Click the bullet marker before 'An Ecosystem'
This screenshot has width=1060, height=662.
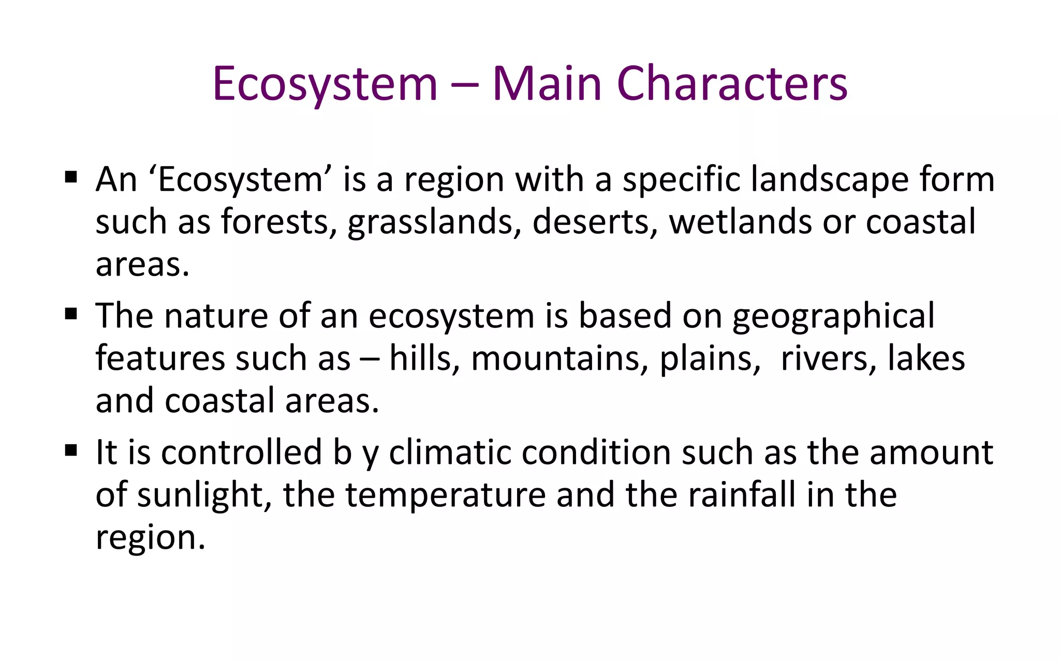click(x=71, y=177)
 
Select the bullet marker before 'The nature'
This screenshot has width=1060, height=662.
click(x=71, y=313)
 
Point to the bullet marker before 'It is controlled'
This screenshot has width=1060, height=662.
click(x=71, y=450)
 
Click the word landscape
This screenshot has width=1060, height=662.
click(x=829, y=180)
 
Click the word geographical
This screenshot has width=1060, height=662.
click(x=833, y=317)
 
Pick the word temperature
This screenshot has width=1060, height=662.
click(x=446, y=495)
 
